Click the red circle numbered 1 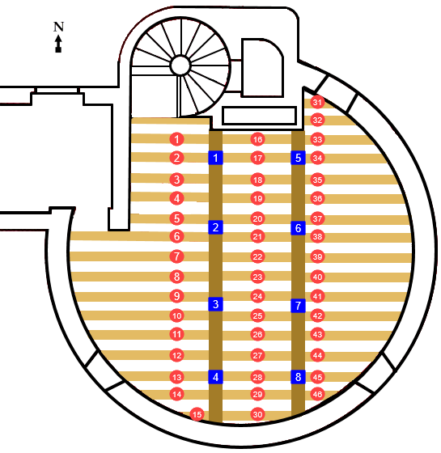click(x=176, y=139)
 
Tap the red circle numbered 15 click(x=197, y=414)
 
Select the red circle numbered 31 click(x=317, y=102)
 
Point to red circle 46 click(x=317, y=394)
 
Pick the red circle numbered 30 click(x=257, y=414)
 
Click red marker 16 click(x=257, y=139)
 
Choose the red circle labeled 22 click(x=257, y=257)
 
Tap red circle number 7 click(x=176, y=256)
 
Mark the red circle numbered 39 click(x=317, y=256)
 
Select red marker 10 click(x=176, y=315)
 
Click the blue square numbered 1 click(x=215, y=158)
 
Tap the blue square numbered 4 click(x=215, y=377)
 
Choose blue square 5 click(x=299, y=158)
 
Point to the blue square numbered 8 click(x=299, y=377)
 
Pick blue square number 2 click(x=215, y=227)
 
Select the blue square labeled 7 click(x=299, y=306)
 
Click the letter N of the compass click(x=58, y=27)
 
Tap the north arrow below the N click(x=58, y=44)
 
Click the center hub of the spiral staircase click(x=180, y=66)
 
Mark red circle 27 click(x=257, y=355)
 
